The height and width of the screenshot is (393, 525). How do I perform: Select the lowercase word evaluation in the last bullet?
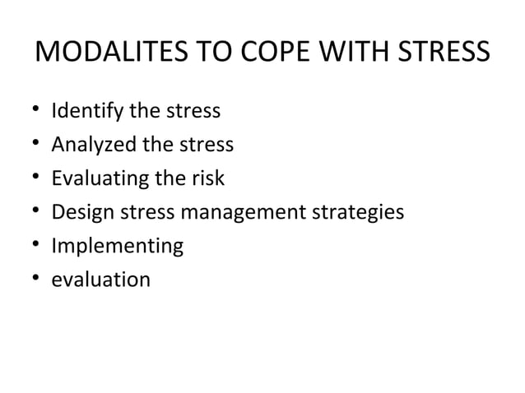[x=100, y=280]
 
